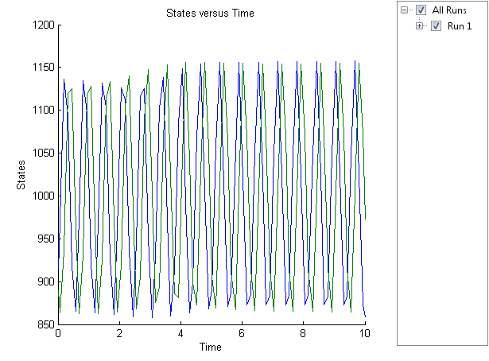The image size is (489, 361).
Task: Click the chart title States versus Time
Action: pos(210,14)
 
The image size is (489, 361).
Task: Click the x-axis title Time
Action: pos(210,347)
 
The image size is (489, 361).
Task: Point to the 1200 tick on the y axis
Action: pos(41,25)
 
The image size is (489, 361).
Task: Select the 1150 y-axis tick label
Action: pos(41,68)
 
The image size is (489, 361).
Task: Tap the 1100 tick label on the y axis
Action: pos(41,111)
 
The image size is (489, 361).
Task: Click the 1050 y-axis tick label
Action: pos(41,153)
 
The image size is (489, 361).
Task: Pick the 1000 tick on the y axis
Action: pos(41,196)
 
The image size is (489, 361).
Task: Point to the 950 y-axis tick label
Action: pos(45,239)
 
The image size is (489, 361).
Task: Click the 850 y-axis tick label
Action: pos(45,324)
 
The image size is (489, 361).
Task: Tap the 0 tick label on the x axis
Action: pos(58,335)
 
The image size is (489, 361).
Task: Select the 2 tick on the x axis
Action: pos(119,335)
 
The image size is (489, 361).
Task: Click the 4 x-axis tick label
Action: pos(180,335)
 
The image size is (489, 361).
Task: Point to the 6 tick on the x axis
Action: pos(242,335)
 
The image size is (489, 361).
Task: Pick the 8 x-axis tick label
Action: pos(303,335)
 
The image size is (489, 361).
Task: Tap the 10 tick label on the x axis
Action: pos(364,335)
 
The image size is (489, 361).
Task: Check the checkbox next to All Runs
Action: pos(421,10)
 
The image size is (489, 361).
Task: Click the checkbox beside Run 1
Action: pos(436,26)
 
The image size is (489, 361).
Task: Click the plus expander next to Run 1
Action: pos(420,26)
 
